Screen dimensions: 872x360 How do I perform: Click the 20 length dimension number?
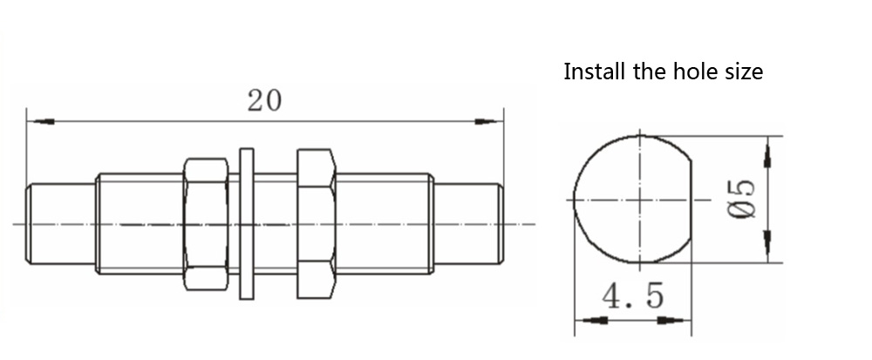pyautogui.click(x=264, y=100)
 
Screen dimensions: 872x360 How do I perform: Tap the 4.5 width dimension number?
pyautogui.click(x=633, y=295)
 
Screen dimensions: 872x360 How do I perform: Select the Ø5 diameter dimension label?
pyautogui.click(x=742, y=199)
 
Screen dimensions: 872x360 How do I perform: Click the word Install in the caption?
pyautogui.click(x=595, y=71)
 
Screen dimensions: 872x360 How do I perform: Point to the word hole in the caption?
pyautogui.click(x=693, y=71)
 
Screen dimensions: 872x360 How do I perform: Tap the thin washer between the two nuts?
pyautogui.click(x=247, y=224)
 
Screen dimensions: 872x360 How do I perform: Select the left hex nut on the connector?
pyautogui.click(x=206, y=224)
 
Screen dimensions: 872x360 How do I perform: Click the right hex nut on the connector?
pyautogui.click(x=317, y=224)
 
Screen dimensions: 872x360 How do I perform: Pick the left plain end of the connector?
pyautogui.click(x=61, y=224)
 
